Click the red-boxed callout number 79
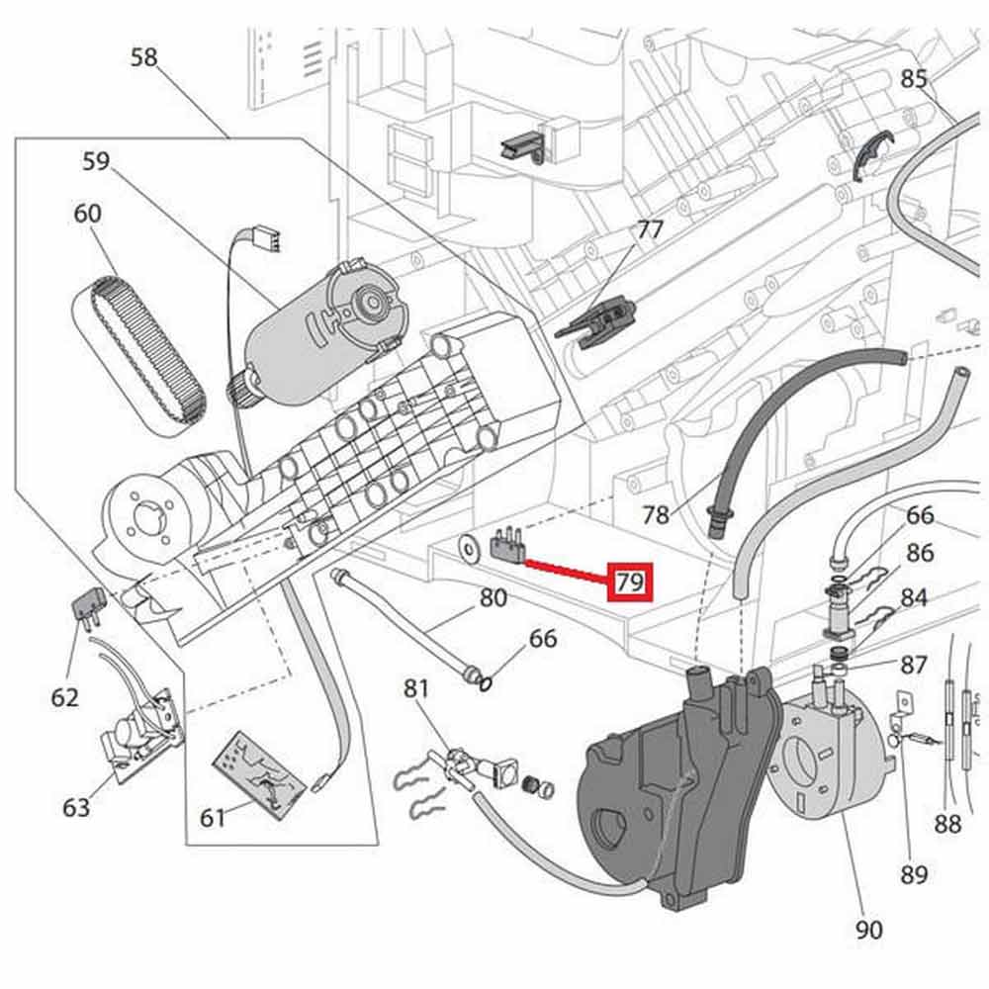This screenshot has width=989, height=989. (x=629, y=582)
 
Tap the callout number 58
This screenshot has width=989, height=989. (x=143, y=57)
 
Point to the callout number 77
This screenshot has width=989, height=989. (x=649, y=229)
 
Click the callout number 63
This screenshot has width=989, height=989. (x=76, y=807)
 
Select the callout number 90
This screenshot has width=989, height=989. (x=868, y=930)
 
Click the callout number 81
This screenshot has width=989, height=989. (x=417, y=688)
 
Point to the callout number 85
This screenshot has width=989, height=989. (x=913, y=79)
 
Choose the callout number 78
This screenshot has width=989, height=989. (x=656, y=515)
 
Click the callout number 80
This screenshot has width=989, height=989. (x=494, y=598)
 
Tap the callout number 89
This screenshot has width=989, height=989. (x=914, y=875)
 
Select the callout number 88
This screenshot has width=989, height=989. (x=947, y=824)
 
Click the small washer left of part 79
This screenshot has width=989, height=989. (x=469, y=548)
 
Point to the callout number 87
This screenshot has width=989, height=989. (x=913, y=665)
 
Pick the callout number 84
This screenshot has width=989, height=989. (x=913, y=596)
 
